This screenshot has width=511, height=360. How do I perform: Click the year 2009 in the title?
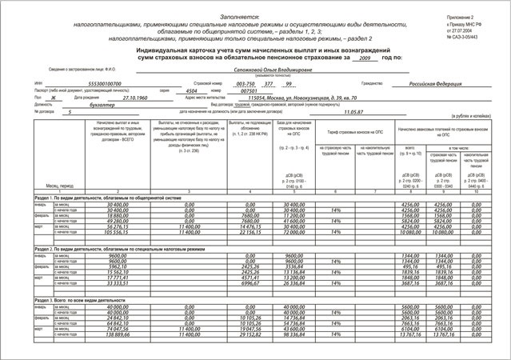[x=365, y=59]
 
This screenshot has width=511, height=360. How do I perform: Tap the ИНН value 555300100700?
[x=105, y=83]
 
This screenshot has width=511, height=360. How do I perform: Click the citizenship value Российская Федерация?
[x=439, y=83]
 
